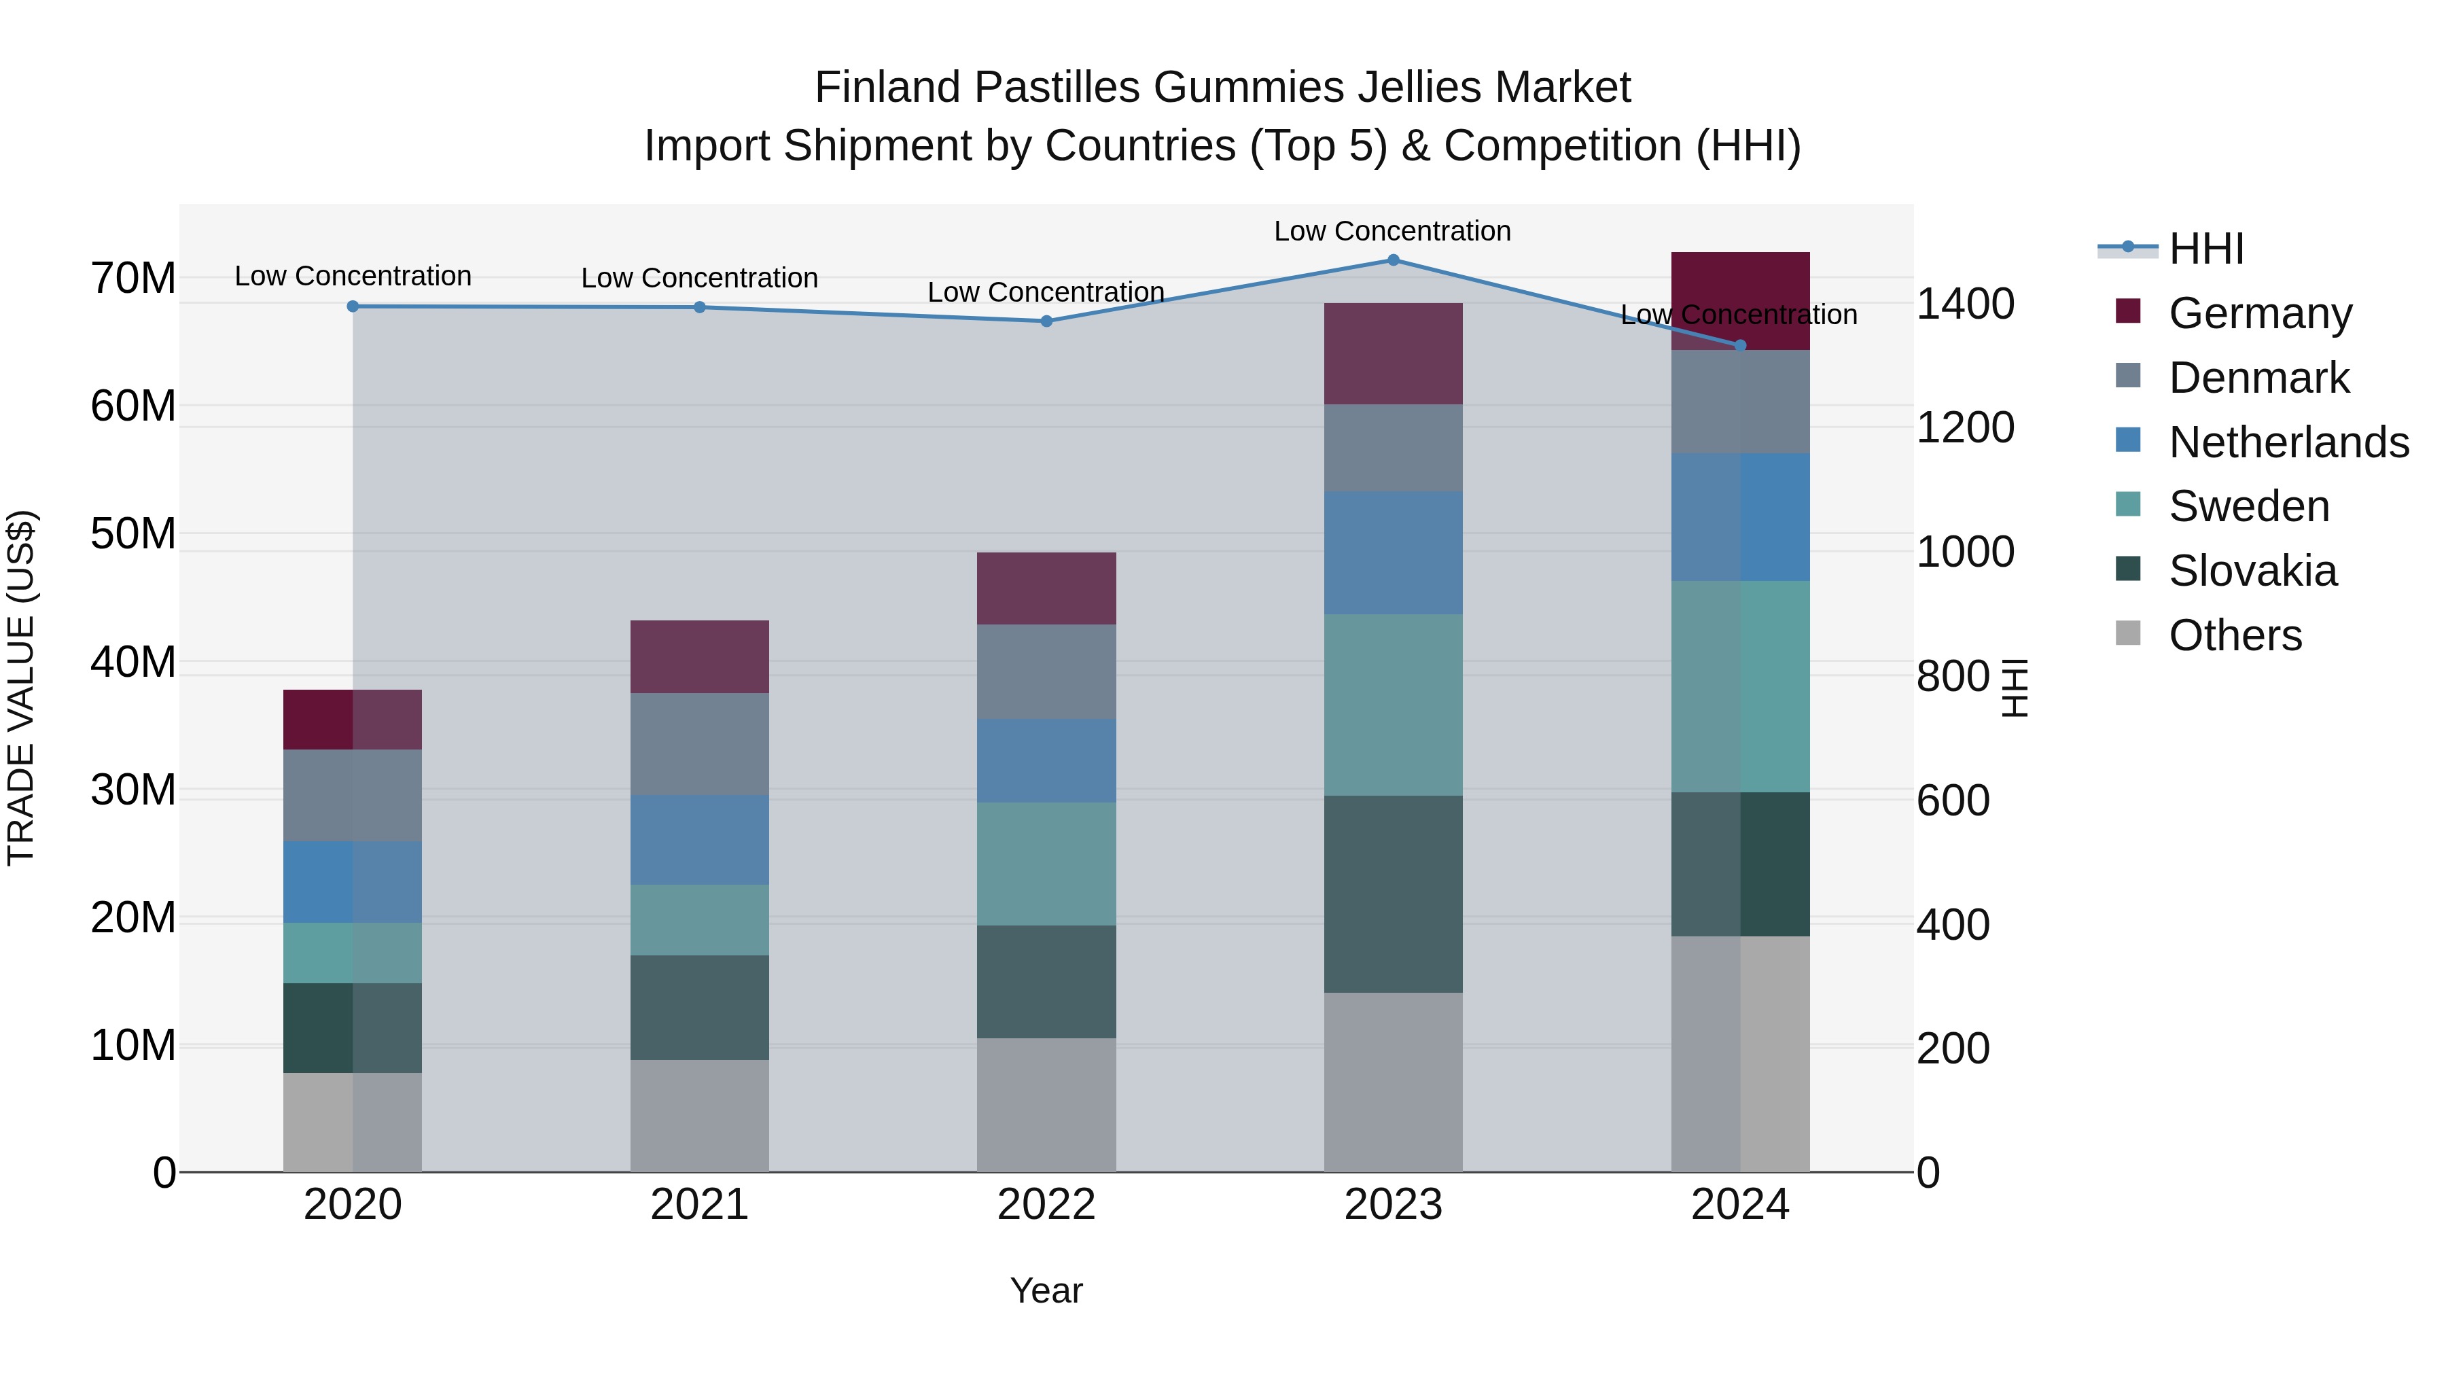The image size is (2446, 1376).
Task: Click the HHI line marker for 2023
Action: [1393, 260]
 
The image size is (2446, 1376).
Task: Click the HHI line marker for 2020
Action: [353, 306]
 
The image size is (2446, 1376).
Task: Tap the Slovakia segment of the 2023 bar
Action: [1393, 894]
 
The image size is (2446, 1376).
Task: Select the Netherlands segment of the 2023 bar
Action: [1393, 552]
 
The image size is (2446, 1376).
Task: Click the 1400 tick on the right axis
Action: [1964, 304]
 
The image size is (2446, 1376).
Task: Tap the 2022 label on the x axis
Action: [1046, 1205]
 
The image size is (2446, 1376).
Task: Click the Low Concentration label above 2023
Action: [1392, 231]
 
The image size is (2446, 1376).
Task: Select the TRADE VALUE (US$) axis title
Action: [21, 688]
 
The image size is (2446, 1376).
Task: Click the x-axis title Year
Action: [1046, 1290]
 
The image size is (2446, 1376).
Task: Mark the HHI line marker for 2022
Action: [1046, 321]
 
